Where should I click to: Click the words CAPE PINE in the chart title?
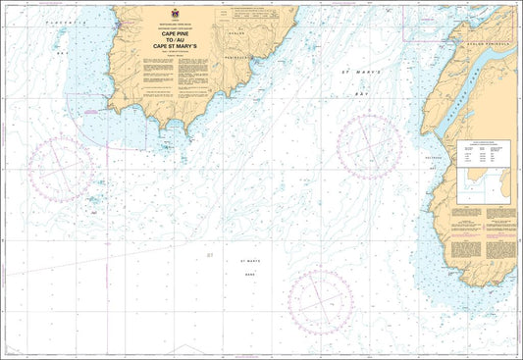(162, 32)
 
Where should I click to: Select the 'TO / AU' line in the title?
(162, 40)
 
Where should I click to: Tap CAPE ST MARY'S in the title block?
(162, 49)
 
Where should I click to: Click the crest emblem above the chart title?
(163, 16)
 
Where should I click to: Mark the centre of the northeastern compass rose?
(370, 147)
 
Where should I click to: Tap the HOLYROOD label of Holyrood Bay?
(437, 159)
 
